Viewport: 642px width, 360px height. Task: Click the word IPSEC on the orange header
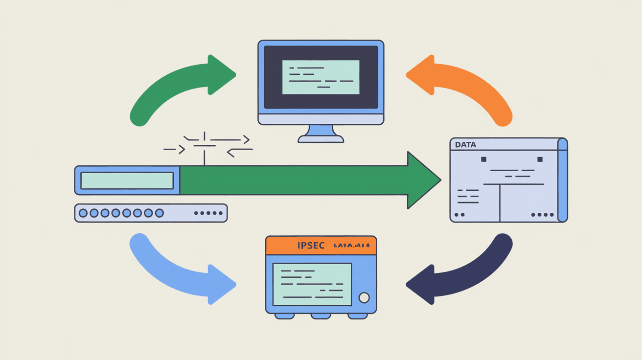311,246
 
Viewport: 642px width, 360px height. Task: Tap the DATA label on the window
465,145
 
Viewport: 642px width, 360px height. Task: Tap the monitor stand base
321,139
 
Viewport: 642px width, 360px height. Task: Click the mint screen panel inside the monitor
321,77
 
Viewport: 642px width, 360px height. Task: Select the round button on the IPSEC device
364,297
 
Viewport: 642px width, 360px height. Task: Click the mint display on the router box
127,180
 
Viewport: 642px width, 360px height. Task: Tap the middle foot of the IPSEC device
321,316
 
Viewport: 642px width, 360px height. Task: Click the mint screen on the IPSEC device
312,284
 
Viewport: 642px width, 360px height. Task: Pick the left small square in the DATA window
484,159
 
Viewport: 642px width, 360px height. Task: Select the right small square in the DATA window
540,159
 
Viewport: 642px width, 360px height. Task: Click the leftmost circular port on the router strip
83,213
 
